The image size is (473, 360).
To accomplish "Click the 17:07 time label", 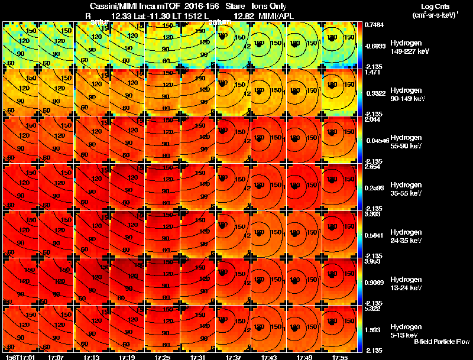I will pyautogui.click(x=56, y=357).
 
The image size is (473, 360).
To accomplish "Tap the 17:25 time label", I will pyautogui.click(x=163, y=357).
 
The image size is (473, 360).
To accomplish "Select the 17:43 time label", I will pyautogui.click(x=269, y=357).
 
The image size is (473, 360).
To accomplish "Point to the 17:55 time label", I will pyautogui.click(x=340, y=357).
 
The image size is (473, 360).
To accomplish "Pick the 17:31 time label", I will pyautogui.click(x=198, y=357).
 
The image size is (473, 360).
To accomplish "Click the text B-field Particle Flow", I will pyautogui.click(x=442, y=342).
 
